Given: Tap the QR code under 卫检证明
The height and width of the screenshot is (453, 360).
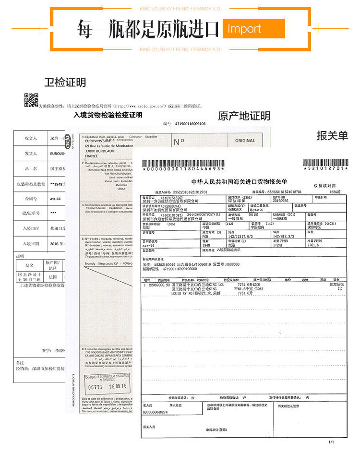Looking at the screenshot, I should (x=31, y=100).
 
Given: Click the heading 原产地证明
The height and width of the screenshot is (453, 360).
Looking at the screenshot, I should (x=244, y=116).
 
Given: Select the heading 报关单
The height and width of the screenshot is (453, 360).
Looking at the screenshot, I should (x=332, y=136).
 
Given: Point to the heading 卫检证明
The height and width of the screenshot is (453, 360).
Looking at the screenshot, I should (x=65, y=83).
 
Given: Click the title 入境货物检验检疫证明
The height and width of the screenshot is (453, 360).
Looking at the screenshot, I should (x=108, y=115).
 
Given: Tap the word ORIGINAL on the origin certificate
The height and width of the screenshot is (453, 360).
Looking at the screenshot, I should (x=245, y=141).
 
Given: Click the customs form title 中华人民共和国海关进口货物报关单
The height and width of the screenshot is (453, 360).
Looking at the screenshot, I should (x=239, y=182).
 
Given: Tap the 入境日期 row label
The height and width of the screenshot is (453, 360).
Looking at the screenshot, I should (x=31, y=243).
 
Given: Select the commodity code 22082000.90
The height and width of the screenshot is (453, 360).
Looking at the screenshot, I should (x=159, y=285).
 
